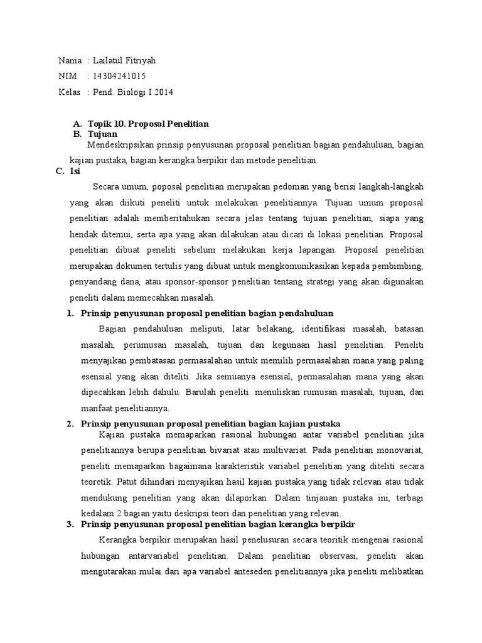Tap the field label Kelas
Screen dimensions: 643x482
[x=69, y=92]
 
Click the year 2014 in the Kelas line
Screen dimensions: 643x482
[x=163, y=92]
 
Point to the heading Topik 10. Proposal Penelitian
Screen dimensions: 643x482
[x=148, y=124]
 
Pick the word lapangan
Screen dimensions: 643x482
[x=318, y=250]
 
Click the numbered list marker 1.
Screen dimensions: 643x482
[x=70, y=313]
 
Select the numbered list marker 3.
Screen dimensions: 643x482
[x=70, y=524]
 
